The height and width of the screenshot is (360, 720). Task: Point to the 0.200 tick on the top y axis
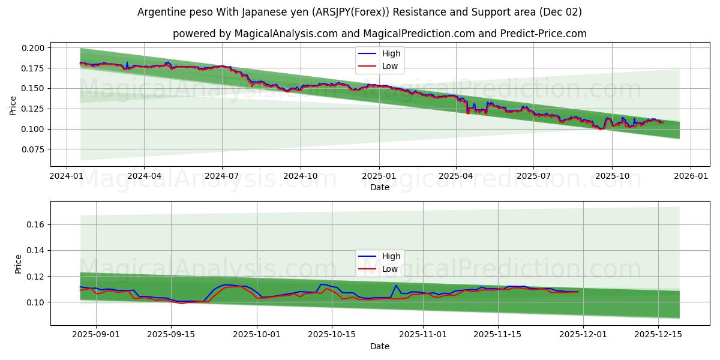coord(34,48)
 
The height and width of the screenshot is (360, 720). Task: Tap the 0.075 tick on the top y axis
coord(34,149)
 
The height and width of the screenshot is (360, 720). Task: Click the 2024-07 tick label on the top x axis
coord(222,176)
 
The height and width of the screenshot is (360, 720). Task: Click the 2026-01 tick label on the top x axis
coord(690,176)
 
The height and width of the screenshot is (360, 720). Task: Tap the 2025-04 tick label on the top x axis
coord(456,176)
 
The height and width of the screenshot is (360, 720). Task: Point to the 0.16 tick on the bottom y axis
coord(36,224)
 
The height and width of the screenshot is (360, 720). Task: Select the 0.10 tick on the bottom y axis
coord(36,302)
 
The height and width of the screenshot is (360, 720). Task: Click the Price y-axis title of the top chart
coord(13,105)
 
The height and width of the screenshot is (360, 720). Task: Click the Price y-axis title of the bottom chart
coord(18,264)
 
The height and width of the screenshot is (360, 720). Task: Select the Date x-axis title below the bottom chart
coord(379,346)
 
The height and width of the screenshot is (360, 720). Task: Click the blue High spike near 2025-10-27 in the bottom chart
coord(396,286)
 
